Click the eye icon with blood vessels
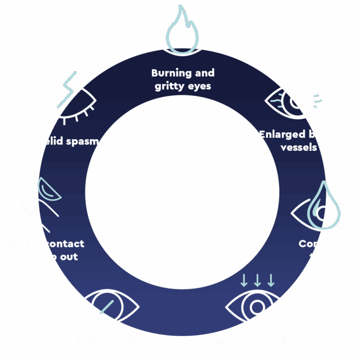coord(298,100)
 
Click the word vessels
coord(299,147)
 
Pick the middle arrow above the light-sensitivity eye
coord(257,280)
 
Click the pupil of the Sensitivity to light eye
coord(257,307)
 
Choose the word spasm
coord(83,141)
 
